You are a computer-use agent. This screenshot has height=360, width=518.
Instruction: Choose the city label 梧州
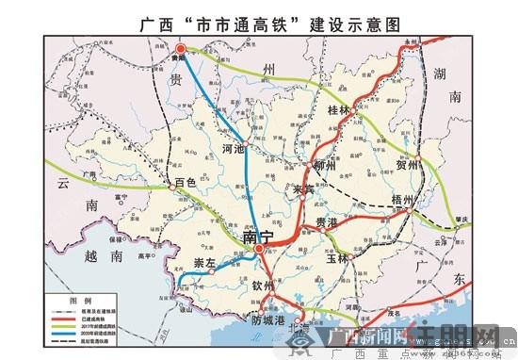(x=402, y=200)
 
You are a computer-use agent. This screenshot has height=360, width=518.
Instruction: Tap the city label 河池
(x=232, y=149)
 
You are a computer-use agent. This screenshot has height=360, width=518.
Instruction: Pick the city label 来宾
(x=302, y=188)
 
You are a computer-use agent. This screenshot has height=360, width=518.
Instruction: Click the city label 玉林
(x=336, y=258)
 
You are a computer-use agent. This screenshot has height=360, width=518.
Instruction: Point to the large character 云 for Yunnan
(x=63, y=183)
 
